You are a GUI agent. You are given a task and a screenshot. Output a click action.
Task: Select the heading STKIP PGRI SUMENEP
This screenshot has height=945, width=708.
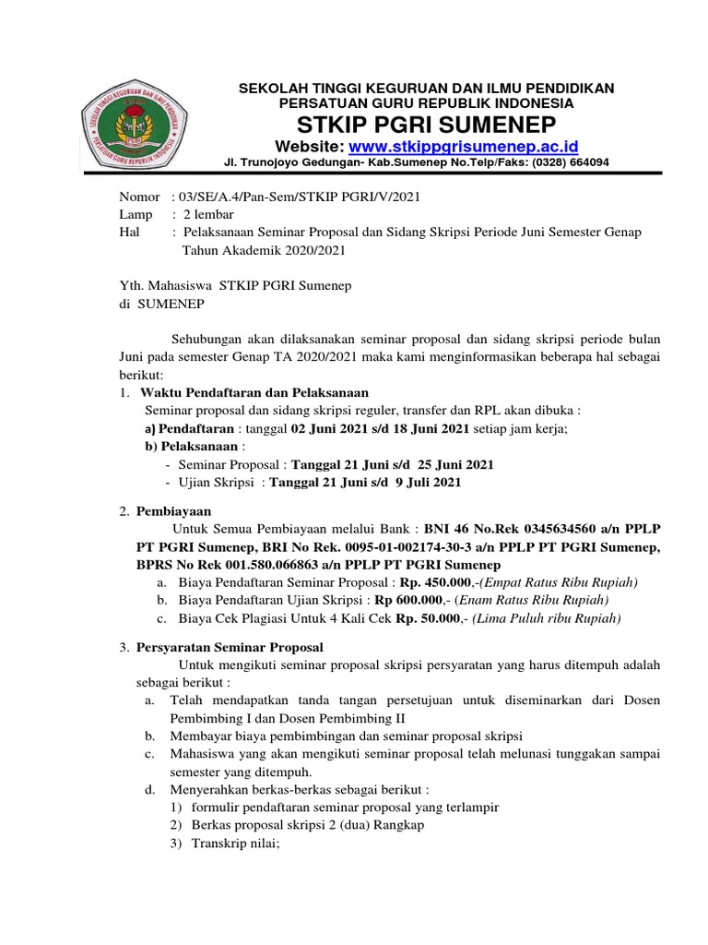click(x=426, y=125)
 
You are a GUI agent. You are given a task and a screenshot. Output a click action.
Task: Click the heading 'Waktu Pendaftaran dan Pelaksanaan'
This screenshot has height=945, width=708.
click(x=254, y=392)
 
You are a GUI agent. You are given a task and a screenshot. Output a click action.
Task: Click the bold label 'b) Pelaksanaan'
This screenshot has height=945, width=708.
click(x=187, y=445)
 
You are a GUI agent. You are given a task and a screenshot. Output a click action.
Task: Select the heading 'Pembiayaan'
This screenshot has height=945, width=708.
click(x=174, y=509)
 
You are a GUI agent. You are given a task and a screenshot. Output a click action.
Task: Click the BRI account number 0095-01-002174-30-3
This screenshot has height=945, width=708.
click(x=383, y=546)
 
